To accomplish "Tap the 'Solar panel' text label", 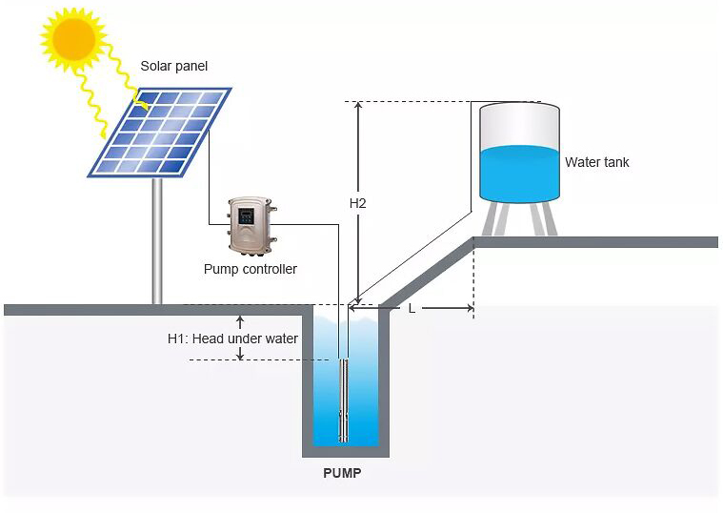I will pyautogui.click(x=173, y=66).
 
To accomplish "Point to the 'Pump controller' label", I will pyautogui.click(x=250, y=269).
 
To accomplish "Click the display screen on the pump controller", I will pyautogui.click(x=246, y=215).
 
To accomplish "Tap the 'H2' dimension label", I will pyautogui.click(x=357, y=203).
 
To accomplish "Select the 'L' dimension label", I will pyautogui.click(x=412, y=308).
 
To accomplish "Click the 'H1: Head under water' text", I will pyautogui.click(x=232, y=339).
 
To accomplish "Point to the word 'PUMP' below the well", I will pyautogui.click(x=342, y=472).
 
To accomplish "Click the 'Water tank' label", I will pyautogui.click(x=596, y=162).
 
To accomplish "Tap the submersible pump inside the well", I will pyautogui.click(x=344, y=400).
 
